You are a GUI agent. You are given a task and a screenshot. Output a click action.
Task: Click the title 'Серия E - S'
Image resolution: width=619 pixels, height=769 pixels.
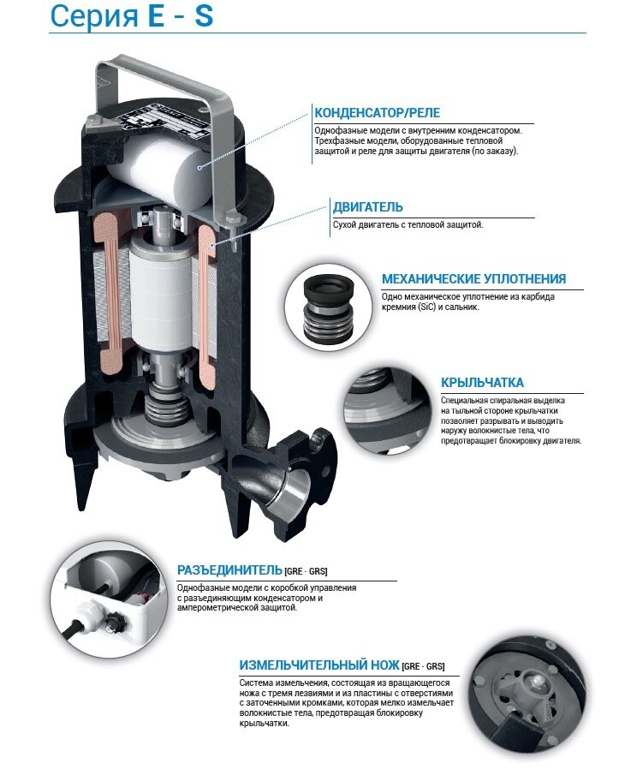click(x=132, y=15)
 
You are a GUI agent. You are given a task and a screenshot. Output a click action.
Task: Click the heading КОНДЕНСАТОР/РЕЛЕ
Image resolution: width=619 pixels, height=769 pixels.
click(x=378, y=113)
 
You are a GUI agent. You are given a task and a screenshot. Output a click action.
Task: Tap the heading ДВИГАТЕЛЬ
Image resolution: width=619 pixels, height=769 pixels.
click(x=368, y=207)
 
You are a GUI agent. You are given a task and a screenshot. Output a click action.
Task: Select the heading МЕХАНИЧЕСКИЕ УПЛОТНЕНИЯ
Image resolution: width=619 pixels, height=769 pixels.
click(x=473, y=278)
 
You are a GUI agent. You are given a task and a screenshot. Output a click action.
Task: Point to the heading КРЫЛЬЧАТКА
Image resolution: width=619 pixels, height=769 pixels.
click(x=482, y=383)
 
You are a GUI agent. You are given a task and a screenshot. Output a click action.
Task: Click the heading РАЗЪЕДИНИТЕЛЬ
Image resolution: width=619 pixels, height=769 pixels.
click(x=229, y=569)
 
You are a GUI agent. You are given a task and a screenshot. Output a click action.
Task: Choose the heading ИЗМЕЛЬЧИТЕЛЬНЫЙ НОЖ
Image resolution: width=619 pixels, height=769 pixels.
click(x=319, y=665)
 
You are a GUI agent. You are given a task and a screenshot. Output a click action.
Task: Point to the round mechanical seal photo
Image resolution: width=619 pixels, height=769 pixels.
click(x=327, y=306)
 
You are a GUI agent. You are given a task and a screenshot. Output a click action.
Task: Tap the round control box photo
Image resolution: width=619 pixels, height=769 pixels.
click(x=107, y=601)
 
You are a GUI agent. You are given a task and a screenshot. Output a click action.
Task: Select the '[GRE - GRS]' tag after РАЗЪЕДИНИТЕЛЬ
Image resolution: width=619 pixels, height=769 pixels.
click(x=306, y=571)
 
